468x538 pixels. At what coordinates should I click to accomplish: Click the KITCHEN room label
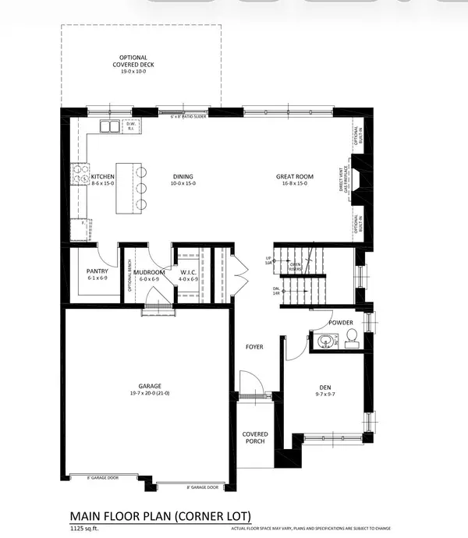[82, 177]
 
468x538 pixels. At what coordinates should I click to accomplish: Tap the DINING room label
[183, 177]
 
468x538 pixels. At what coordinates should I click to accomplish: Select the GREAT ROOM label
[294, 177]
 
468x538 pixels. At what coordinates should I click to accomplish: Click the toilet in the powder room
[350, 338]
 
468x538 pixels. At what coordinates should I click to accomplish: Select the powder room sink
[323, 340]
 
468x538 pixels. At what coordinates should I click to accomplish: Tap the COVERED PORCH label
[254, 437]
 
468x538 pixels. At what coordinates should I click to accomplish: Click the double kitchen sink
[108, 126]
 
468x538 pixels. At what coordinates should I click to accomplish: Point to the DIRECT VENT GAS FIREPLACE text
[342, 181]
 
